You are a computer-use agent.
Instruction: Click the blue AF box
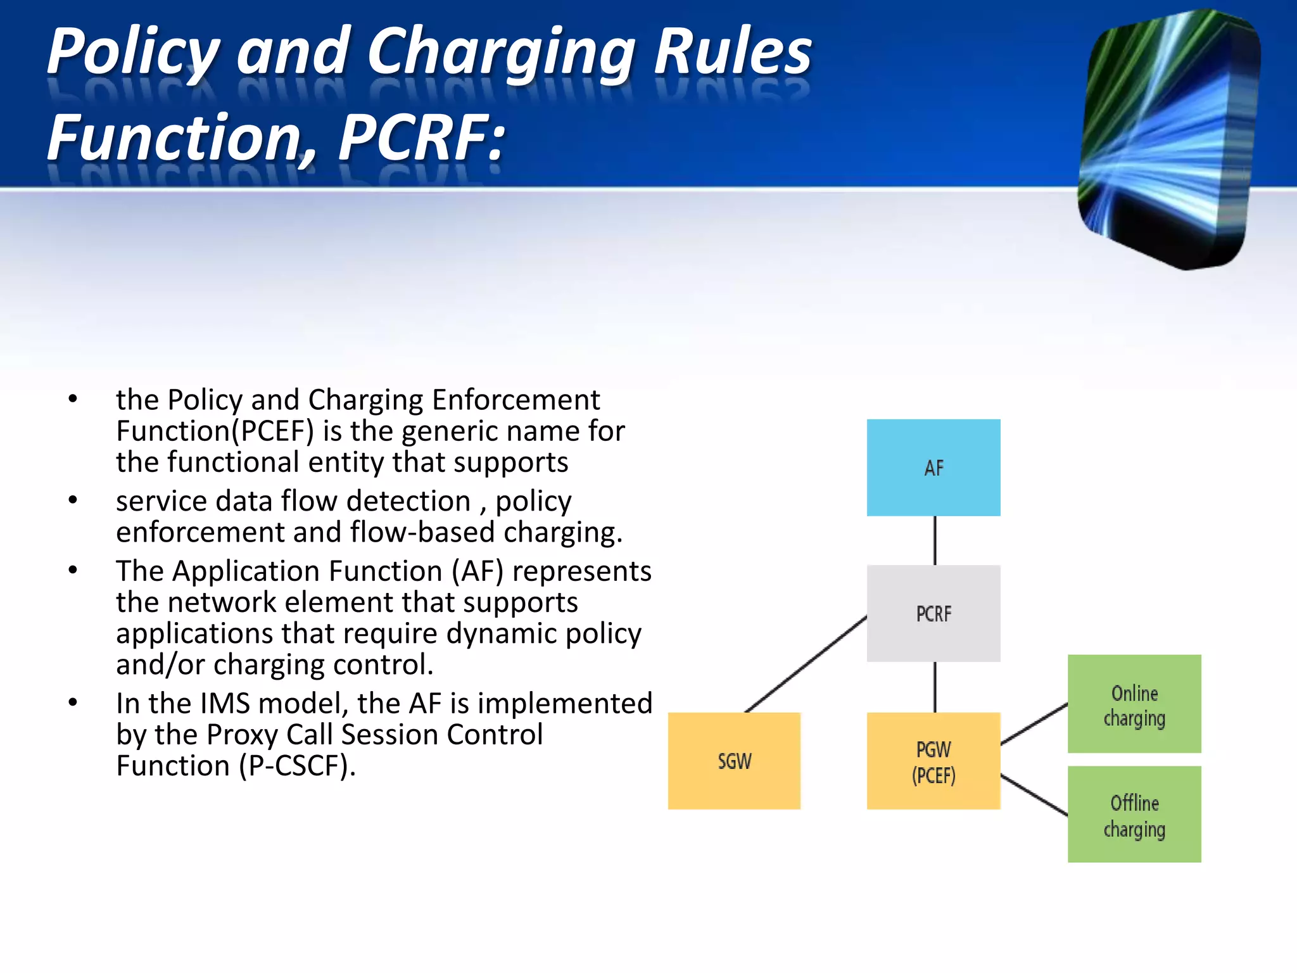click(933, 467)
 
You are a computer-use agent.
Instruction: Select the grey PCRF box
click(933, 613)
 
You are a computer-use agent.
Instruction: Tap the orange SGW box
click(734, 760)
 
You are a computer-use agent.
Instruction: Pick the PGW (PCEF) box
click(933, 761)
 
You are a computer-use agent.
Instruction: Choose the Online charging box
click(1134, 704)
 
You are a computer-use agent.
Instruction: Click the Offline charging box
click(1134, 815)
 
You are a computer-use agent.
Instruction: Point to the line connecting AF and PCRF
click(935, 540)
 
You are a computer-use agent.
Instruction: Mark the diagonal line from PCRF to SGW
click(806, 664)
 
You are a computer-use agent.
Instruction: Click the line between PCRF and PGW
click(935, 687)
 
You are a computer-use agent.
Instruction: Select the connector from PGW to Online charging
click(1034, 723)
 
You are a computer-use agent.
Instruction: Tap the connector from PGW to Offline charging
click(1034, 794)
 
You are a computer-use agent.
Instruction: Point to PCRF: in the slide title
click(421, 137)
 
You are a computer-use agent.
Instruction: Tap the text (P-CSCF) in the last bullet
click(298, 765)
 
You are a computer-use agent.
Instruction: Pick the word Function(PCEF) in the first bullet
click(215, 431)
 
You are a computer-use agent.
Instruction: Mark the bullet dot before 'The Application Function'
click(73, 570)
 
